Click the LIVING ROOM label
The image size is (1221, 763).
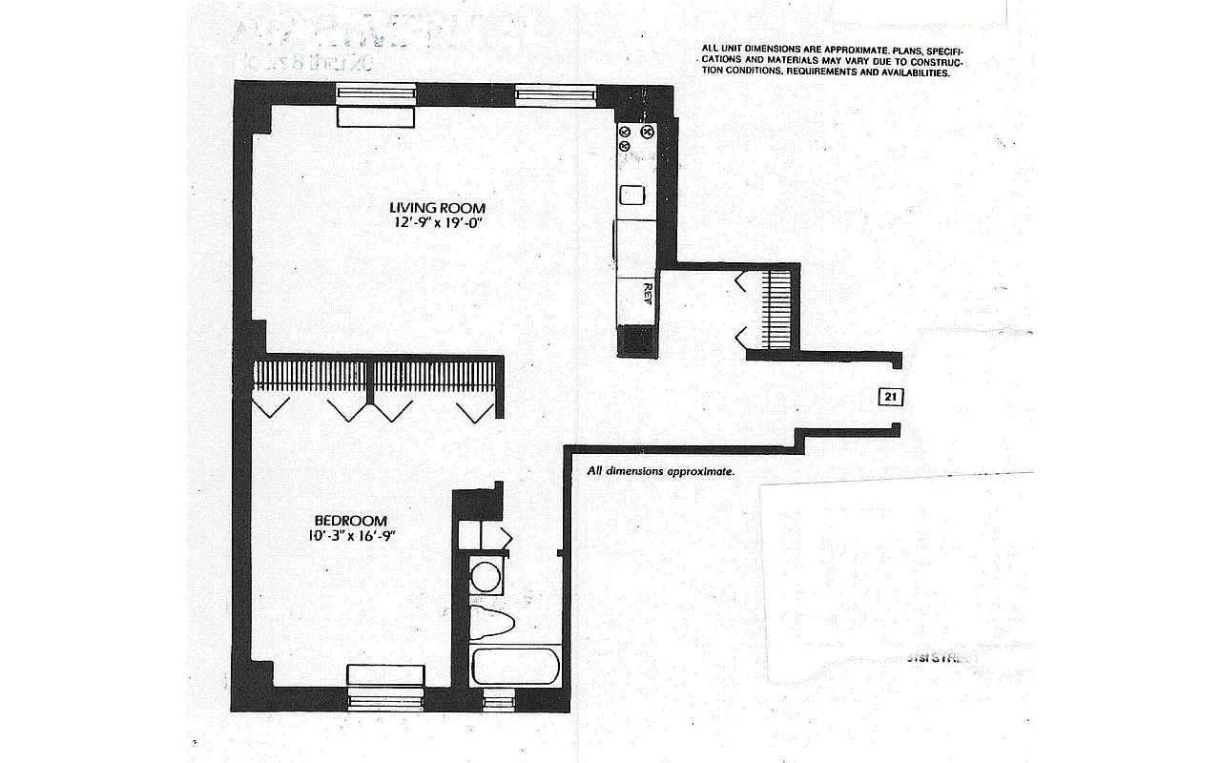[x=437, y=208]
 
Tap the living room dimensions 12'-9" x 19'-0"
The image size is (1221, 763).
[x=437, y=224]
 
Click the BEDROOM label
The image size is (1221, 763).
[x=351, y=521]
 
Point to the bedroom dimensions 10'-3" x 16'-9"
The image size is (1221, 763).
[x=351, y=536]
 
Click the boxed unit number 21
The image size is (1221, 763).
[x=887, y=397]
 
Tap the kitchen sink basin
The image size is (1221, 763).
[x=632, y=195]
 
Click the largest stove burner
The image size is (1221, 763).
[x=648, y=132]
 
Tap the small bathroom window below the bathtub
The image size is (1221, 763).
[x=498, y=703]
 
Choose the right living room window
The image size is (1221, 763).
[x=556, y=93]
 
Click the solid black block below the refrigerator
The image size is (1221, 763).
[x=634, y=340]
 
